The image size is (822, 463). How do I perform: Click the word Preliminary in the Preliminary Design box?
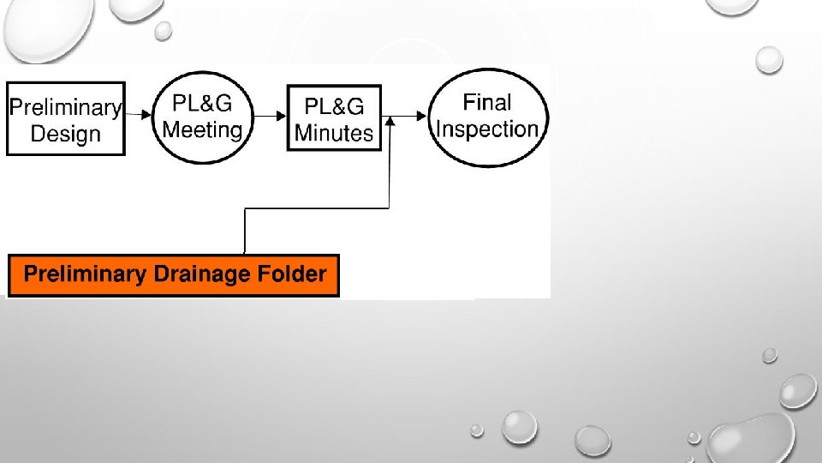(x=65, y=108)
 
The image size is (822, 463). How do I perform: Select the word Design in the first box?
(x=65, y=134)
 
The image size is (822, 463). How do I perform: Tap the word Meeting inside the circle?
(x=203, y=129)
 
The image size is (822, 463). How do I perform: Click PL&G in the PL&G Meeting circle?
(x=203, y=104)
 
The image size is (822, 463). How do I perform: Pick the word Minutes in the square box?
(x=334, y=133)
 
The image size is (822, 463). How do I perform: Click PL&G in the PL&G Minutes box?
(x=334, y=106)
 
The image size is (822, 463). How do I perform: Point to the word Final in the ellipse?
(x=487, y=103)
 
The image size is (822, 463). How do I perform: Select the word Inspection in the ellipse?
(x=487, y=129)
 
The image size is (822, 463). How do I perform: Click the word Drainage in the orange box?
(x=202, y=275)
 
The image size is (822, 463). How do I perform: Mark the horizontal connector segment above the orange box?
(x=317, y=207)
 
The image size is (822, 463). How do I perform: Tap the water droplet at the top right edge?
(x=770, y=59)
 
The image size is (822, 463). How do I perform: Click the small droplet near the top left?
(x=163, y=30)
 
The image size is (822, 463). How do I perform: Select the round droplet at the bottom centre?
(x=519, y=426)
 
